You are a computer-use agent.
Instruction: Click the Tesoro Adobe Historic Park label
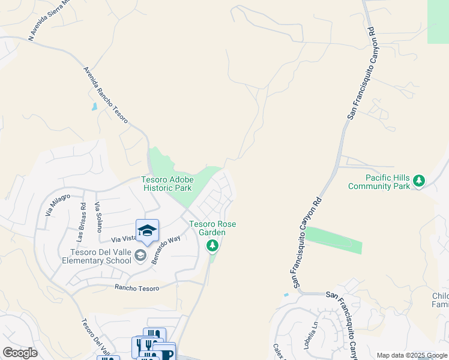tap(166, 184)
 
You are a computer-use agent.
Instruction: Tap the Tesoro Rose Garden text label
tap(212, 228)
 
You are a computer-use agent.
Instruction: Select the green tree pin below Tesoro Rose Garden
tap(212, 245)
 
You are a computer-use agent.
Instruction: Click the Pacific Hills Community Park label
tap(379, 182)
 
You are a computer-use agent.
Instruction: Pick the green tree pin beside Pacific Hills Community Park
tap(420, 181)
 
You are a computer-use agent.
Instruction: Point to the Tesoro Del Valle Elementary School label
tap(96, 256)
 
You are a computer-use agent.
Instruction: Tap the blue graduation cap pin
tap(147, 230)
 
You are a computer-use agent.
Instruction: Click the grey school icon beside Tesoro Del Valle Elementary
tap(140, 256)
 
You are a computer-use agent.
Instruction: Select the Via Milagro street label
tap(58, 205)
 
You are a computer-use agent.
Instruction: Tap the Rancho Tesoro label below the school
tap(137, 288)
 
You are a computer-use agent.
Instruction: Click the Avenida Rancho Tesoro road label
tap(106, 95)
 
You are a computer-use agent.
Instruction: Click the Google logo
tap(20, 353)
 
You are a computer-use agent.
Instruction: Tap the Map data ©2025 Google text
tap(412, 355)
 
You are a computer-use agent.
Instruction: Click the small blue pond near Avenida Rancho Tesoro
tap(94, 107)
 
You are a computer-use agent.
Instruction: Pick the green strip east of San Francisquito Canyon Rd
tap(336, 241)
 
